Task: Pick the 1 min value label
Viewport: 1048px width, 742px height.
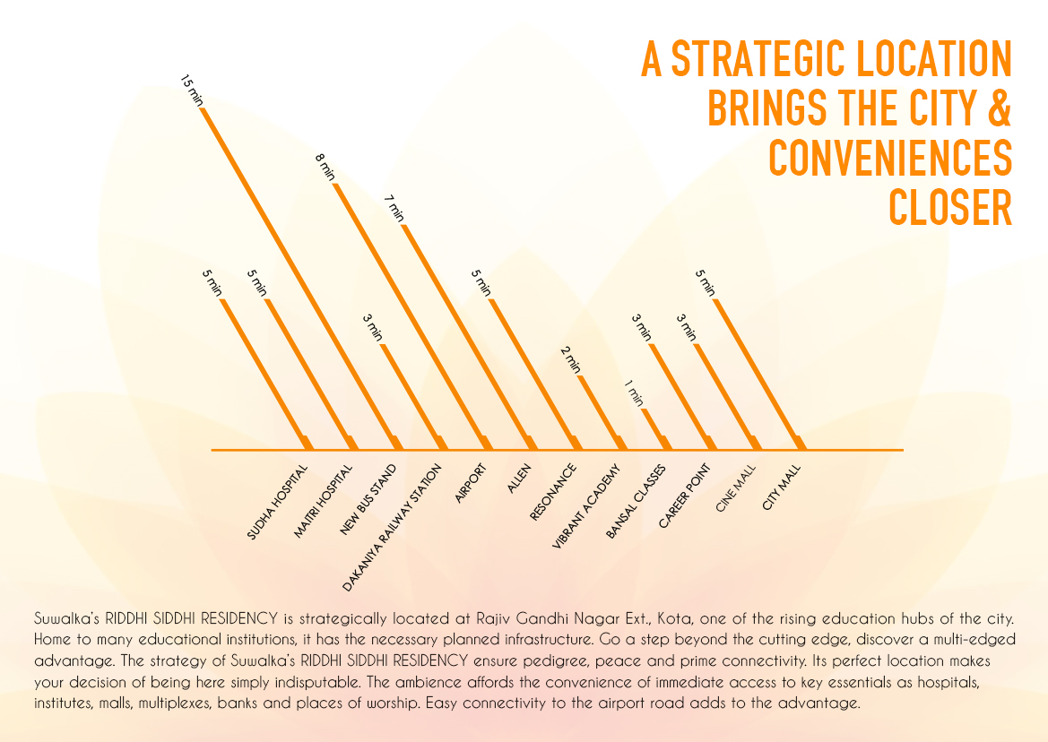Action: coord(634,393)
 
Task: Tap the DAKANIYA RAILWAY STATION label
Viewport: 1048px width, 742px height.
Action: coord(393,527)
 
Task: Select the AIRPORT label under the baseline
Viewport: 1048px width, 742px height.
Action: coord(470,484)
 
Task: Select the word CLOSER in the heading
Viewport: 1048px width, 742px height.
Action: coord(949,208)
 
